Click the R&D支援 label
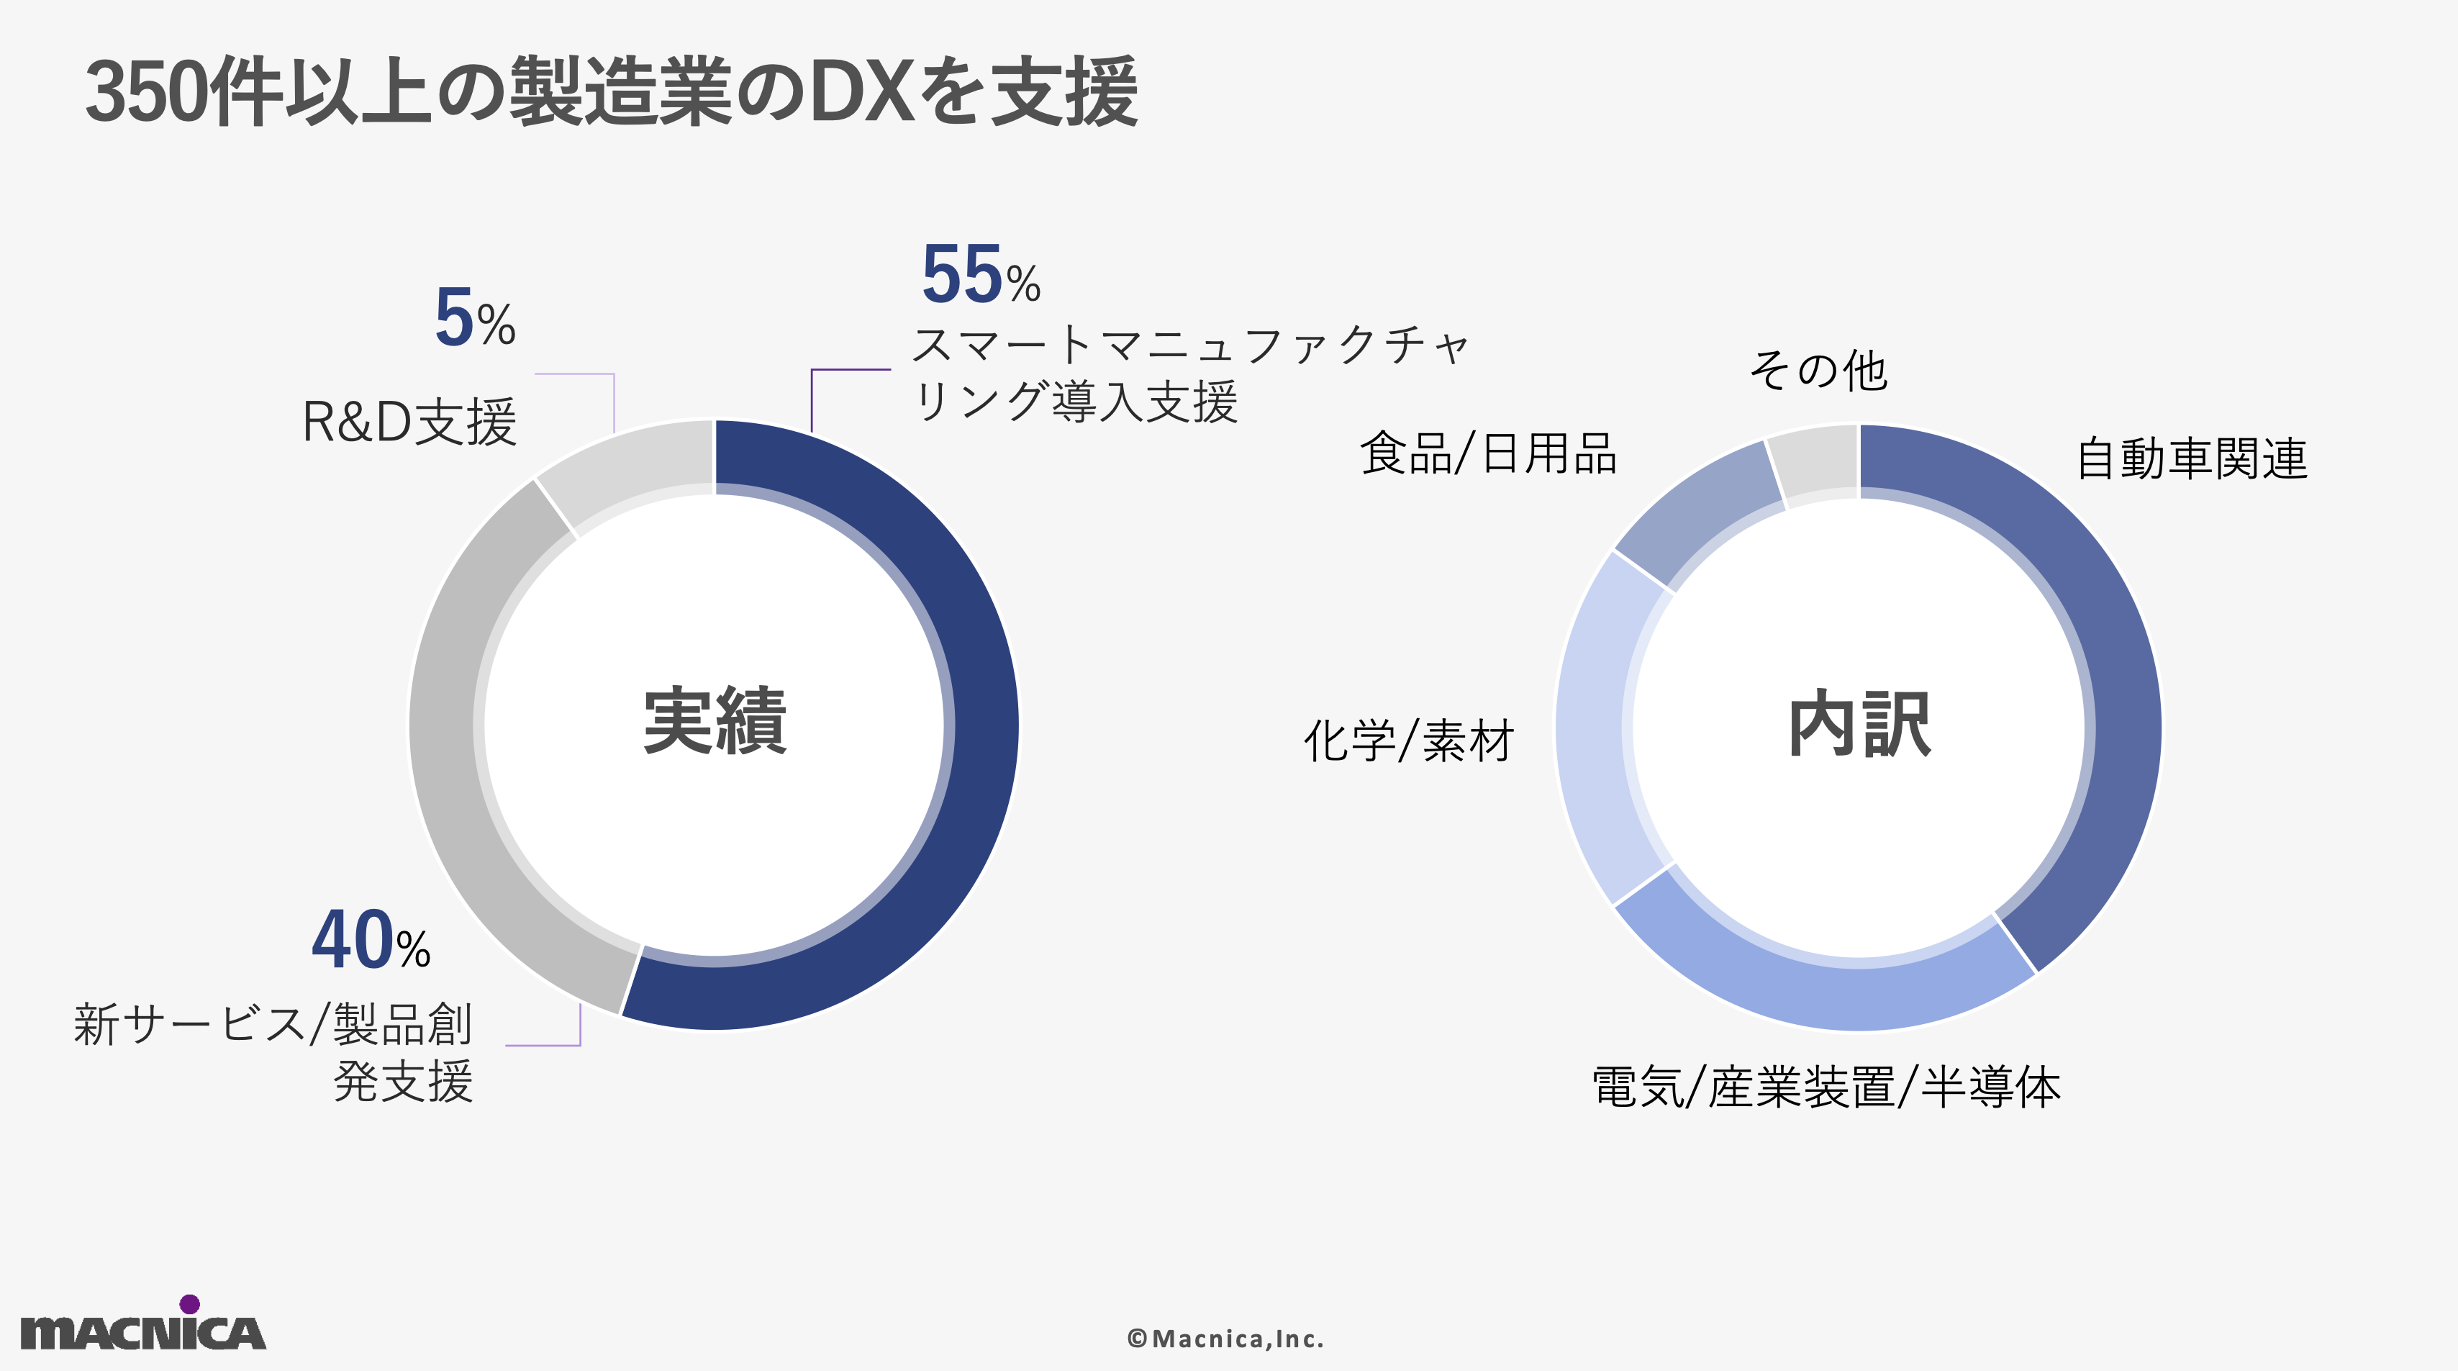pos(409,422)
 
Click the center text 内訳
pos(1859,725)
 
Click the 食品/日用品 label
pos(1487,453)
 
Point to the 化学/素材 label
pos(1408,741)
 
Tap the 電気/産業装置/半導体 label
pos(1826,1087)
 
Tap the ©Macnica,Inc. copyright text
pos(1225,1339)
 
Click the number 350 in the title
pos(144,94)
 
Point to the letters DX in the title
pos(863,94)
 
